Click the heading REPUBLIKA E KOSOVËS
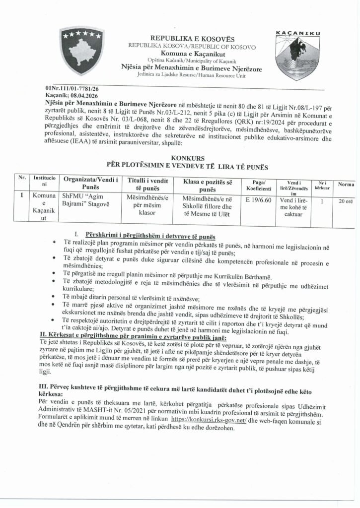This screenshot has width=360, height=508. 192,38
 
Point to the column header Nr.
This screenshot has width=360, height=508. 22,178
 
